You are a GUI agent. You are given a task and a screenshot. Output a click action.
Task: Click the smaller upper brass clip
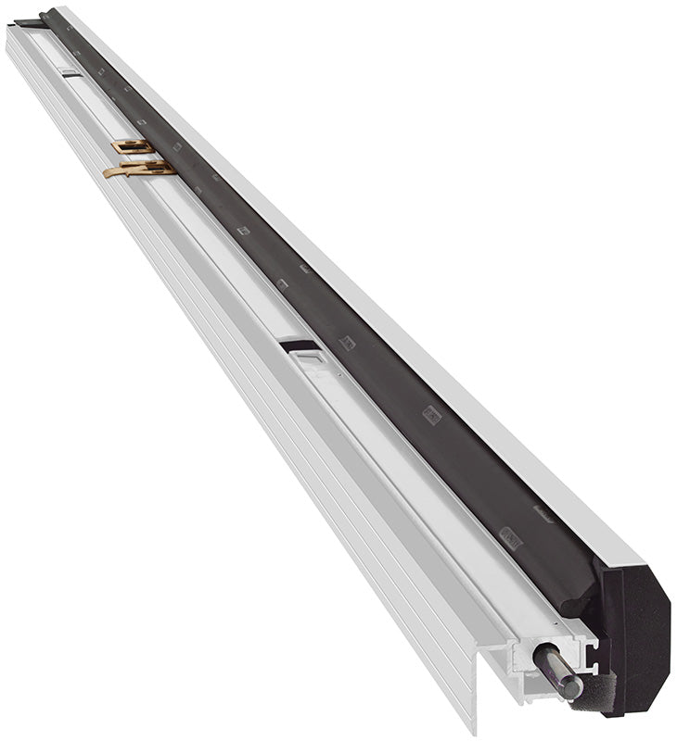(133, 146)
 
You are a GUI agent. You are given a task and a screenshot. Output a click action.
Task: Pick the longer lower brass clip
(139, 170)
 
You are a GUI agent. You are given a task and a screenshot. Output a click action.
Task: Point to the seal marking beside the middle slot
(347, 342)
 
